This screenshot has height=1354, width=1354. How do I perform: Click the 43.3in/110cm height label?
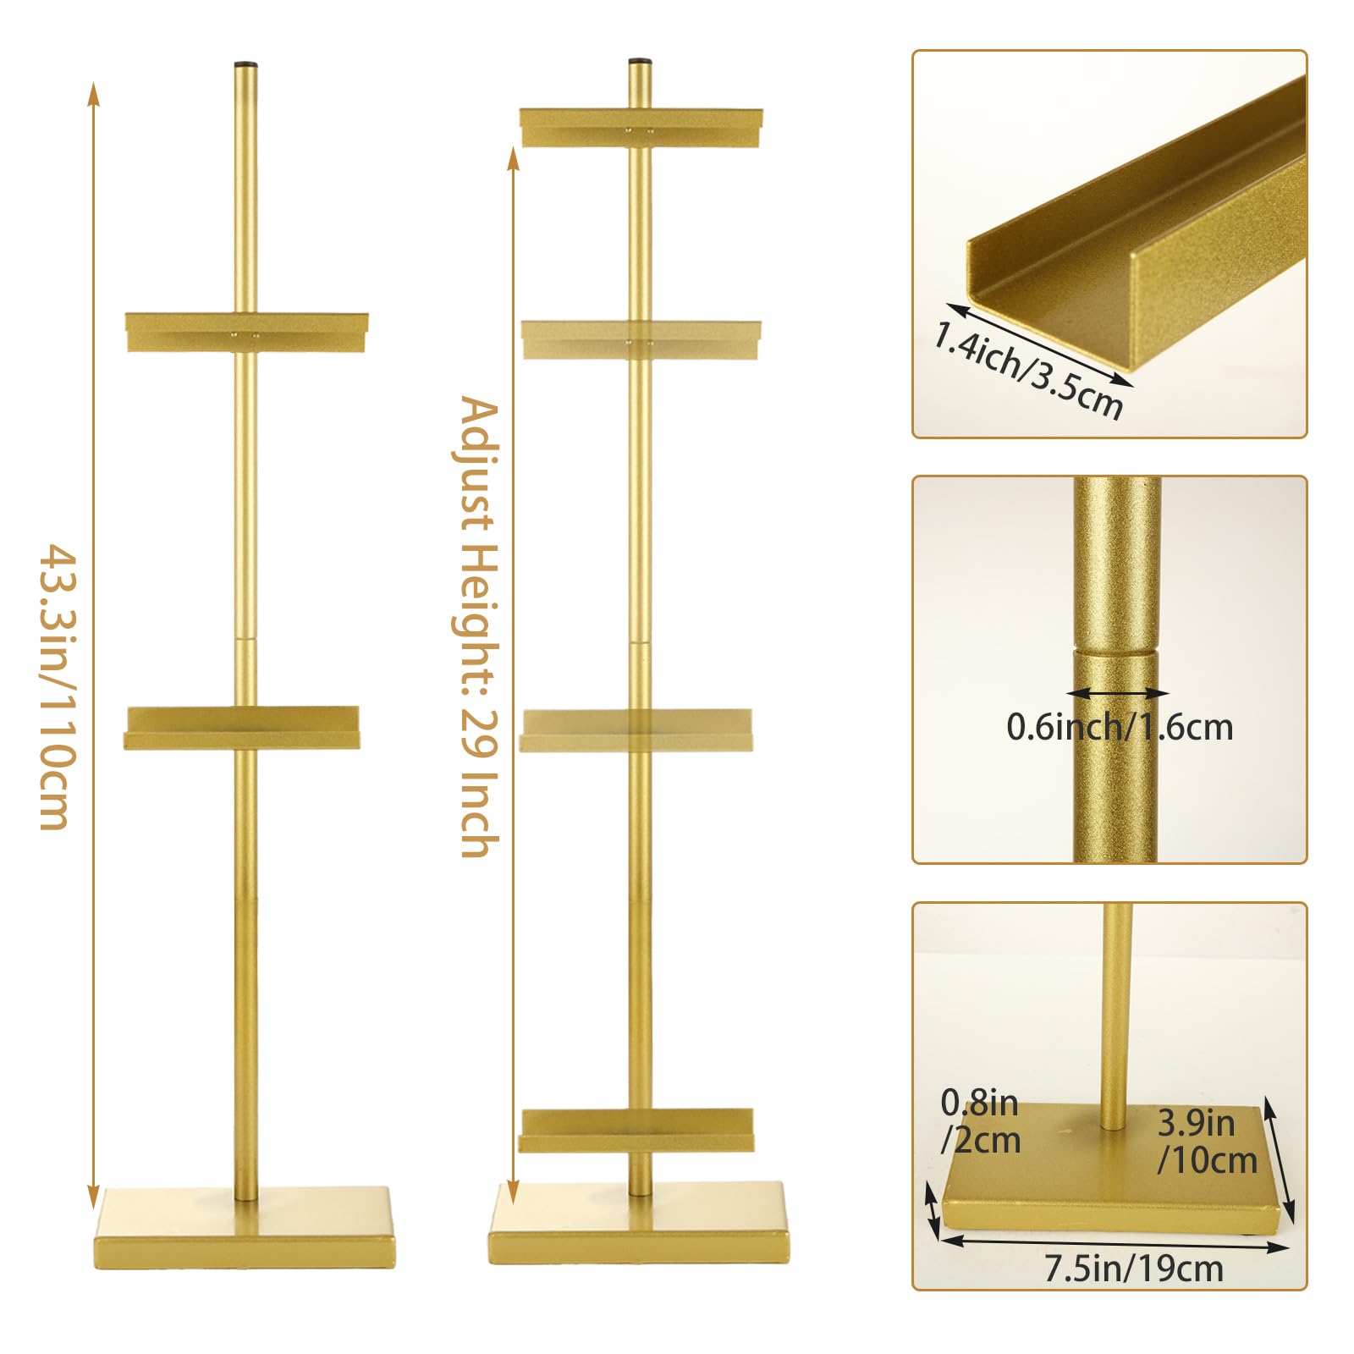(59, 686)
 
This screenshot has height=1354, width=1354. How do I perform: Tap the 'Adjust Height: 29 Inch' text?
(479, 627)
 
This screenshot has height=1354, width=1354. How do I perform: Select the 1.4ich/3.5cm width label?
(1027, 370)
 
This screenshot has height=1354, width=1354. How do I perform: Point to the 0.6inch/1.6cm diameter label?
(1120, 727)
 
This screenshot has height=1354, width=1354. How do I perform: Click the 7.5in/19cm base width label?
(1133, 1269)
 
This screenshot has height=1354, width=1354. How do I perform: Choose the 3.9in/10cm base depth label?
(1207, 1142)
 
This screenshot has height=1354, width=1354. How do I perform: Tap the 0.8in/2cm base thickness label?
(981, 1121)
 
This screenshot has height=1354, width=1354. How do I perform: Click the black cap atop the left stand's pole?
(245, 64)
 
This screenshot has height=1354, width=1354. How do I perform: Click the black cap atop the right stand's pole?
(640, 62)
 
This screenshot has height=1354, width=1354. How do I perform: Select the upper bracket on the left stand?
(246, 333)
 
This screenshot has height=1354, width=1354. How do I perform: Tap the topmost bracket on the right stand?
(641, 127)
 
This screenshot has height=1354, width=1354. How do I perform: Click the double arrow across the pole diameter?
(1117, 693)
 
